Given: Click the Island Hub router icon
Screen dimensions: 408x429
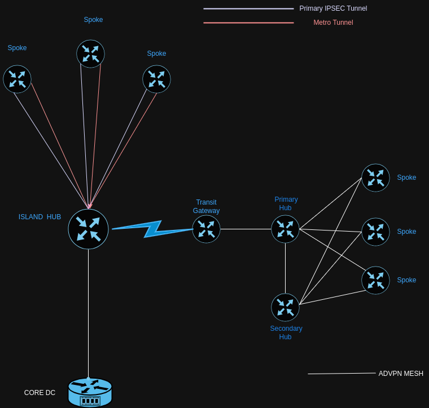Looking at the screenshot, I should [x=88, y=229].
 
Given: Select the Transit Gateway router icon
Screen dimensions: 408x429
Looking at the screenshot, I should [x=206, y=229].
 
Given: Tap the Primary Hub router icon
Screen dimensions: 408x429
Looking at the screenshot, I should [x=285, y=229].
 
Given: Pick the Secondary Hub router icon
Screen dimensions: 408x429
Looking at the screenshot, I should [x=285, y=307].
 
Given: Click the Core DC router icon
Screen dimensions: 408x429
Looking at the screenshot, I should [x=90, y=392].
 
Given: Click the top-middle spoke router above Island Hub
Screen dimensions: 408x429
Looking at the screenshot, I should [x=90, y=54].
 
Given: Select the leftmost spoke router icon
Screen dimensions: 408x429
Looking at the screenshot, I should [x=17, y=79].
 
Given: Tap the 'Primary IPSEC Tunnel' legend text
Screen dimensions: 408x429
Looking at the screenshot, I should [x=333, y=8].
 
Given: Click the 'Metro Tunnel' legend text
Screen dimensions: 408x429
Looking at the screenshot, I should [x=333, y=23].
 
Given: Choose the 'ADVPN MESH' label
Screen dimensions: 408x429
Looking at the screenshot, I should [x=401, y=374].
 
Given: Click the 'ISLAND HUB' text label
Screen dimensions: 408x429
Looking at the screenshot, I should [x=40, y=217].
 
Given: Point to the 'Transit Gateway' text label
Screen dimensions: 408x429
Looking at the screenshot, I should [x=206, y=206].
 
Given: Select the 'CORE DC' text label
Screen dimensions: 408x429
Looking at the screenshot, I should [x=40, y=393].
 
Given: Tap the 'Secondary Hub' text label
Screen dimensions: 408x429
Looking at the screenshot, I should [x=286, y=332].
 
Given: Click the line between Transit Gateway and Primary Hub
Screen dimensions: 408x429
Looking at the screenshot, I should [x=246, y=229].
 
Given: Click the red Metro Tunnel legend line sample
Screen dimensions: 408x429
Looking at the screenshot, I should [x=248, y=23].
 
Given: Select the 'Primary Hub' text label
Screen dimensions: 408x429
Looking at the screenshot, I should [x=286, y=203].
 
